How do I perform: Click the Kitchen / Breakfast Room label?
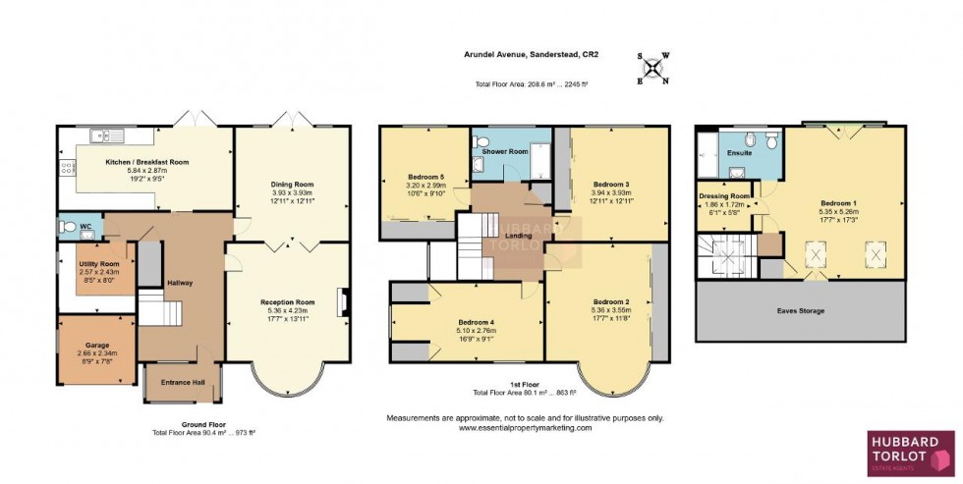[146, 162]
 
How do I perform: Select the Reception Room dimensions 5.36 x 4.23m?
[287, 310]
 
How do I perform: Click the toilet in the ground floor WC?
[68, 227]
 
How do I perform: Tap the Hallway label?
[179, 283]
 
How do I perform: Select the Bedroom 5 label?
[426, 178]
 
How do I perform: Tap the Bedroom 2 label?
[611, 301]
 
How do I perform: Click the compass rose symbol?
[652, 69]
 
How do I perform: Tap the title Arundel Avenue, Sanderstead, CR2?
[525, 56]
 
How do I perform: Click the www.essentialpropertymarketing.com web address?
[525, 428]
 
